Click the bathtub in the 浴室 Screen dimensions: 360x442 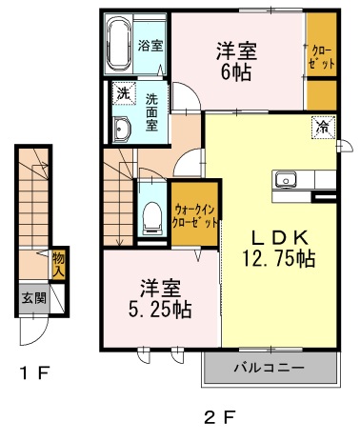[x=119, y=44]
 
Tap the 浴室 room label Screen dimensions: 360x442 [x=150, y=46]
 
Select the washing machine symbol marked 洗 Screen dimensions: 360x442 [x=124, y=93]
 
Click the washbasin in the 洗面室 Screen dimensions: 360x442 [x=122, y=130]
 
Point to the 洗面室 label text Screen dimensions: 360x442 [x=151, y=113]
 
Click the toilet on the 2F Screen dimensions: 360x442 [x=151, y=218]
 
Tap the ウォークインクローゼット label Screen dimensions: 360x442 [x=195, y=216]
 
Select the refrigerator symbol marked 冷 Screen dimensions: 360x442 [x=323, y=128]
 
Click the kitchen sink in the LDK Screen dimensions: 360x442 [x=286, y=179]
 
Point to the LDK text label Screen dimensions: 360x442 [x=279, y=237]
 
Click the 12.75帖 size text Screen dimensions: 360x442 [x=279, y=258]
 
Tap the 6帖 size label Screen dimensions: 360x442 [x=236, y=72]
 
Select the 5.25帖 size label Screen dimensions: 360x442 [x=160, y=310]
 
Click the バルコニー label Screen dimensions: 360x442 [x=270, y=368]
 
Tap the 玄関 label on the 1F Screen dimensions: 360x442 [x=34, y=298]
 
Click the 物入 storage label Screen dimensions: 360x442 [x=58, y=264]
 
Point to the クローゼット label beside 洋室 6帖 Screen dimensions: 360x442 [x=322, y=58]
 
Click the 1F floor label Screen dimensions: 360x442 [x=35, y=372]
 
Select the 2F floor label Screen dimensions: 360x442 [x=220, y=417]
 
